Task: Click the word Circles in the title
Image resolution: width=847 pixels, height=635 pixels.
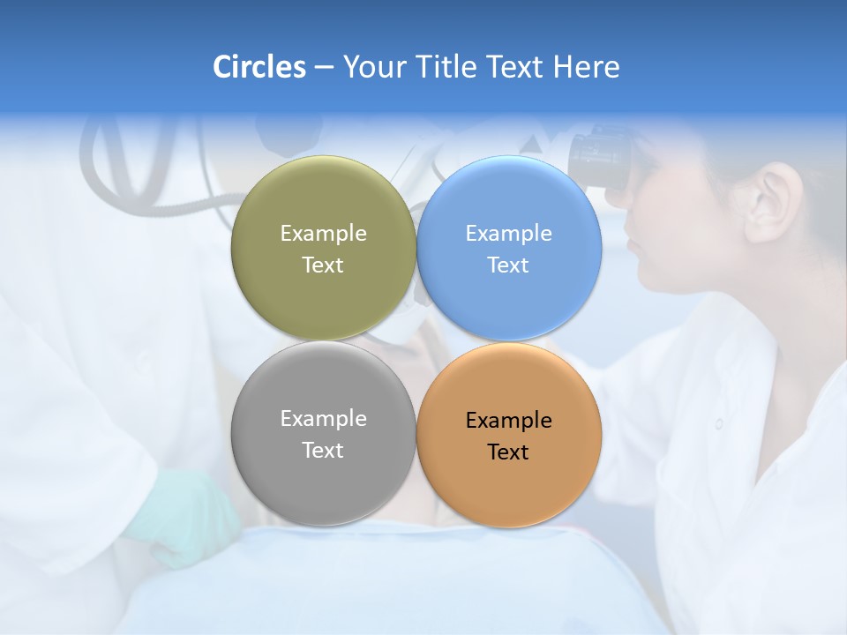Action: tap(259, 67)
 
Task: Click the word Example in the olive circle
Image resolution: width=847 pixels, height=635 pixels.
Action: tap(323, 234)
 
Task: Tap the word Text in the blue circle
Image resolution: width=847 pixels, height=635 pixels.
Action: tap(508, 265)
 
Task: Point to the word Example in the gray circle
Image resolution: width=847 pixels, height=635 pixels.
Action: tap(323, 419)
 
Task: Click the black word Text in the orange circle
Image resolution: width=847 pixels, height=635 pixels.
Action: tap(508, 452)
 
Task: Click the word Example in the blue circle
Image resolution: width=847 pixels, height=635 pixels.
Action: tap(508, 234)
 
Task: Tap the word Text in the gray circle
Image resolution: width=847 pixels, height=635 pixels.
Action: tap(323, 451)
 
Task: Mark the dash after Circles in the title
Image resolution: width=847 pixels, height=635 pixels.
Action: tap(324, 68)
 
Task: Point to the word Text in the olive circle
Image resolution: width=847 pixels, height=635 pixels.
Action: tap(323, 265)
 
